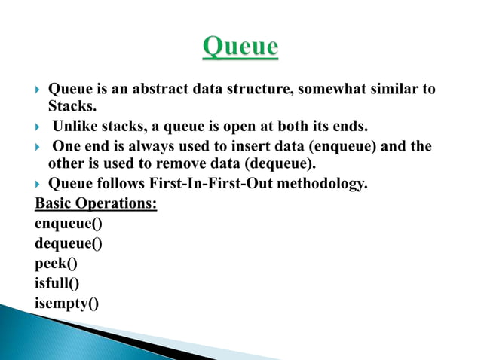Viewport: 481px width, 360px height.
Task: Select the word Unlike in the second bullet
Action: coord(74,126)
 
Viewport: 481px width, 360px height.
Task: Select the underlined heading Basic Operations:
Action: coord(96,203)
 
